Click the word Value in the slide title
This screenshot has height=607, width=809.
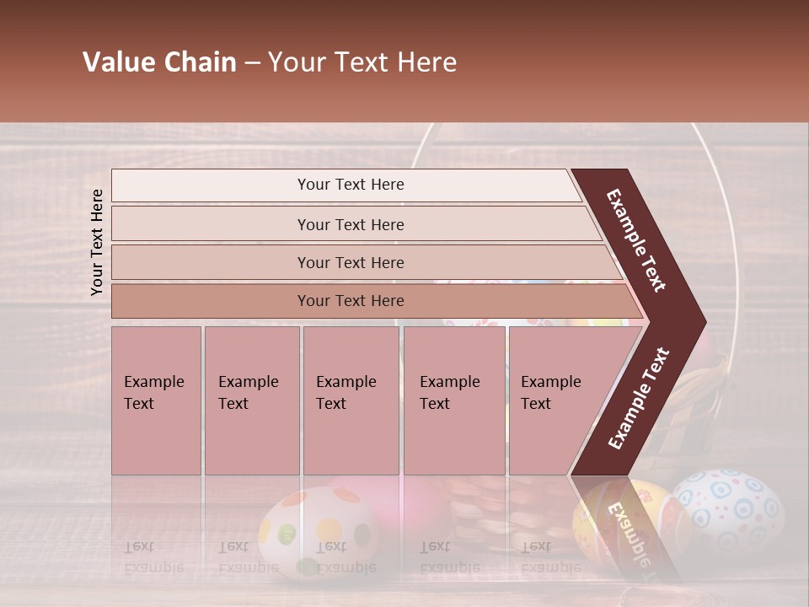tap(116, 62)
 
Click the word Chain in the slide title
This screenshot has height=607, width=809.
tap(200, 62)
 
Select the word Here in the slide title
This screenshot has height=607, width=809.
tap(428, 62)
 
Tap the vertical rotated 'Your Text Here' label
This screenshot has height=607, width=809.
tap(98, 242)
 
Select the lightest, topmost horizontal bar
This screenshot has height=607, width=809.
tap(346, 185)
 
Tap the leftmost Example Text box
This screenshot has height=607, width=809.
tap(156, 400)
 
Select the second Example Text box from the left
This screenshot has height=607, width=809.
tap(251, 400)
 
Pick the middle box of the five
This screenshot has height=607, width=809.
tap(351, 400)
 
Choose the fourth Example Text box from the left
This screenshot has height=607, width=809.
tap(454, 400)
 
